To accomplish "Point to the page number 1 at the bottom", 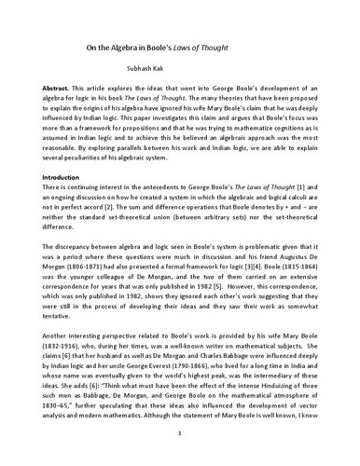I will coord(180,434).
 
